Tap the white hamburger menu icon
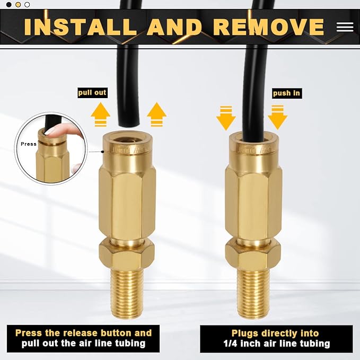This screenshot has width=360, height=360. click(345, 27)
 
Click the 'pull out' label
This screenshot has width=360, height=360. click(92, 93)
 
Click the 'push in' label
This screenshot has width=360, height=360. click(286, 93)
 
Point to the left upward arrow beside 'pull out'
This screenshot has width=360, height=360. click(100, 114)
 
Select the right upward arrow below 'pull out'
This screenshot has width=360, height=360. click(156, 114)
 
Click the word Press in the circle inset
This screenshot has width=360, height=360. click(29, 144)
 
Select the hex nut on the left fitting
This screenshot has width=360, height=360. click(127, 253)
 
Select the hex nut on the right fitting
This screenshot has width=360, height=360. click(253, 253)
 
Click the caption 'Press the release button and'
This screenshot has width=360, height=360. click(83, 333)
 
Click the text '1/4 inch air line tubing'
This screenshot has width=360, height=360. click(275, 344)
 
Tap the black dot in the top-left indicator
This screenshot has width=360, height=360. click(8, 5)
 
